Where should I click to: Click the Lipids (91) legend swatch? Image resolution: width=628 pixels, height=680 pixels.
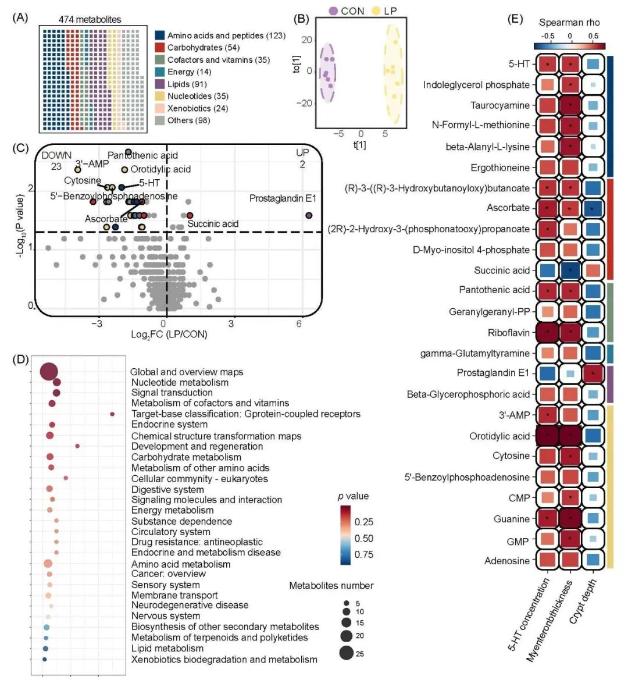click(160, 84)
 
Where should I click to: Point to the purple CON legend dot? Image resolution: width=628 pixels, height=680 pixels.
click(333, 11)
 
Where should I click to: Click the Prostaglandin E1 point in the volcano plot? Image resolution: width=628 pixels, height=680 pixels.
click(309, 216)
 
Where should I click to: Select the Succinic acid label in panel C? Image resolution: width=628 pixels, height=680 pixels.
click(213, 224)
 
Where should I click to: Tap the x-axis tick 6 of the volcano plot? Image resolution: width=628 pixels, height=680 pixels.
click(299, 323)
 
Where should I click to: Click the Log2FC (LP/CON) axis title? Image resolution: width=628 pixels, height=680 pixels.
click(169, 334)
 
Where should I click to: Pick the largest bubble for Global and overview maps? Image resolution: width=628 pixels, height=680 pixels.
click(48, 372)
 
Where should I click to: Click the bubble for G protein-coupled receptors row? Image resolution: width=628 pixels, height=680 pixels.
click(112, 414)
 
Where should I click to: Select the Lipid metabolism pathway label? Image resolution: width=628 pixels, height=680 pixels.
click(167, 648)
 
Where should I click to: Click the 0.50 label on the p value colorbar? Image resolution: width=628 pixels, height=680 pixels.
click(364, 538)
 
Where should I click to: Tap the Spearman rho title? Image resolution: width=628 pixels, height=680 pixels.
click(569, 23)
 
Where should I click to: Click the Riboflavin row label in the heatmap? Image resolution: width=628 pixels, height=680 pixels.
click(509, 333)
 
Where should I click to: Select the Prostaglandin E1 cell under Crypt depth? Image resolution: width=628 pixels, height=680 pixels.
click(593, 373)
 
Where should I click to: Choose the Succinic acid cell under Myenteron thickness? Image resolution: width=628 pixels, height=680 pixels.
click(570, 270)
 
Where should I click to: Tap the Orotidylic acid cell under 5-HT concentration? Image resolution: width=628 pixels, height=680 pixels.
click(547, 436)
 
